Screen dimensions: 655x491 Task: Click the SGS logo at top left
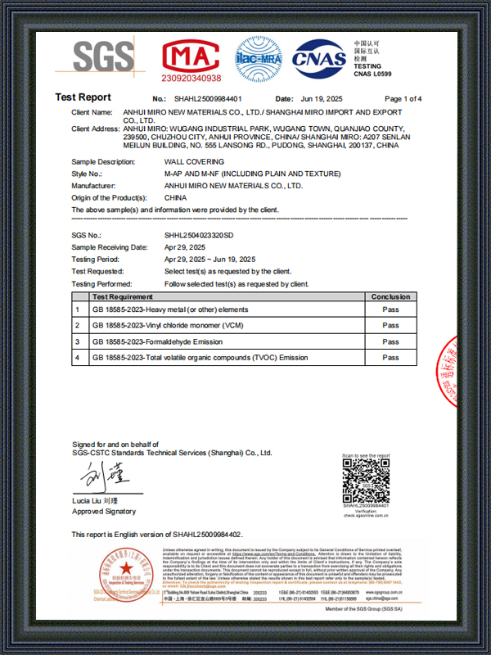tap(103, 56)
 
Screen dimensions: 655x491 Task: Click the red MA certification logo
tap(191, 54)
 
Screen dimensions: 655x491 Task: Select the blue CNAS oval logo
tap(319, 57)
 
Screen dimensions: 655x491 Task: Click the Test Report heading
tap(83, 97)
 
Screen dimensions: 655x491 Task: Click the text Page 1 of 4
tap(403, 98)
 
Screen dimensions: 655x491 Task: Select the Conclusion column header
tap(390, 296)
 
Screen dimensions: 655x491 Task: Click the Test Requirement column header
tap(123, 296)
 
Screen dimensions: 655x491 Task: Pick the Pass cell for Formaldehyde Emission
tap(390, 341)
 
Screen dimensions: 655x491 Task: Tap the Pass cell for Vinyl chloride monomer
tap(390, 326)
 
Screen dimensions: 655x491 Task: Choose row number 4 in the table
tap(77, 358)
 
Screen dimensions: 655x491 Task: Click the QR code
tap(366, 481)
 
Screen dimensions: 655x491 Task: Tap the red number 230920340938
tap(191, 79)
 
